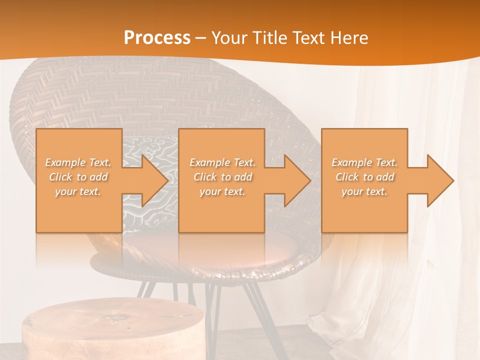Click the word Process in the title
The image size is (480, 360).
pyautogui.click(x=157, y=37)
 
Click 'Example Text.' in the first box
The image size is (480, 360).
pyautogui.click(x=78, y=162)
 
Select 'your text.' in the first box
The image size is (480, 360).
pyautogui.click(x=78, y=191)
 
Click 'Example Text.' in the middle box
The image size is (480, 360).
pyautogui.click(x=222, y=162)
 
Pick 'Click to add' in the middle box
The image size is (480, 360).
pyautogui.click(x=222, y=177)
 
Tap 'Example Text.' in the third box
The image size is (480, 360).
pyautogui.click(x=364, y=162)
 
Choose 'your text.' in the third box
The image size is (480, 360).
pyautogui.click(x=364, y=191)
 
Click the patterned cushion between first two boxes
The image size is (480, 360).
pyautogui.click(x=150, y=150)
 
